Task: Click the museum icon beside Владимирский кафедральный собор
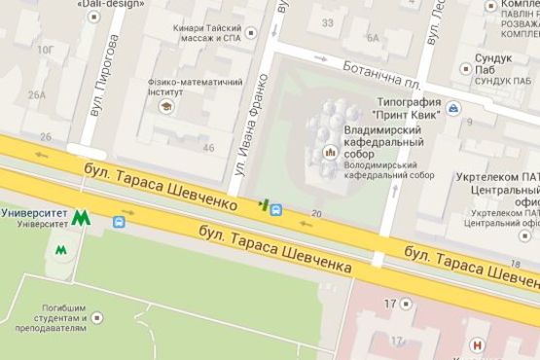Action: [332, 152]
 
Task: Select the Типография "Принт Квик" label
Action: [421, 110]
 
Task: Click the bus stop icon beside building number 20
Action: [277, 207]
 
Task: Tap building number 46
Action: [208, 148]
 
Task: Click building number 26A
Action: [37, 95]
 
